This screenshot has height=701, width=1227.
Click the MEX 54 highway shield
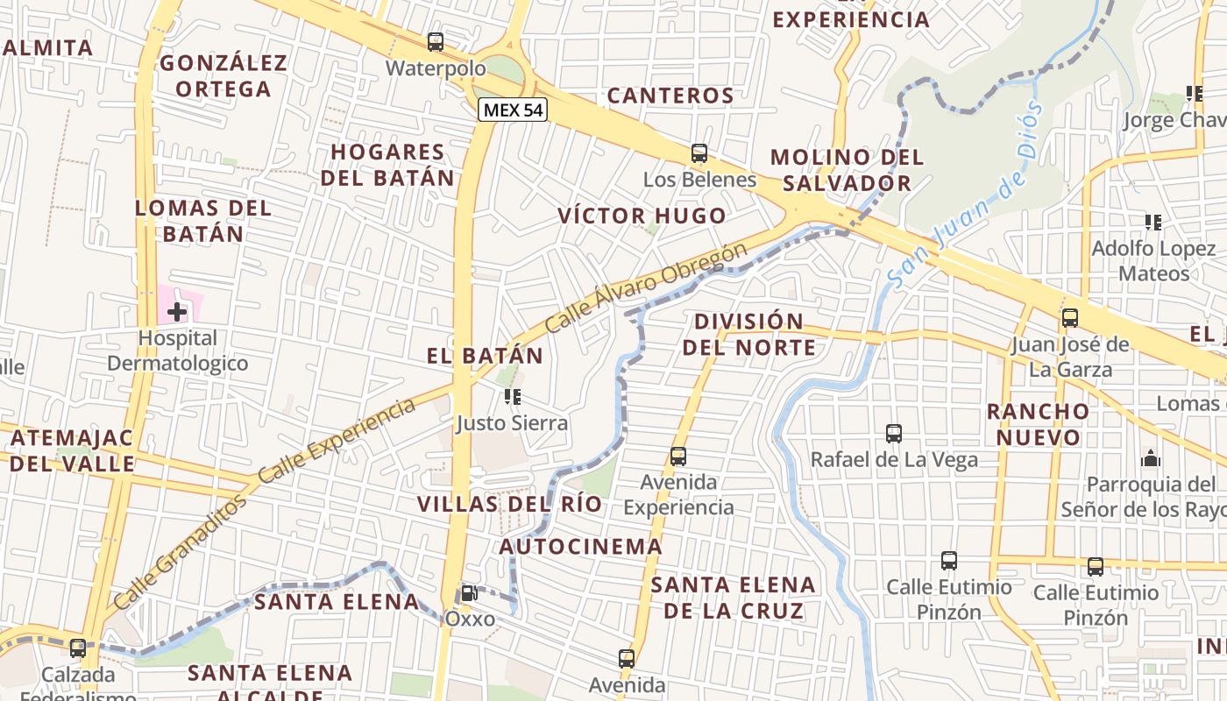[513, 110]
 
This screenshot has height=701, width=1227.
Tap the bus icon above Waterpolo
[436, 42]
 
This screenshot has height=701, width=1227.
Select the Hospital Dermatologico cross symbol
[177, 311]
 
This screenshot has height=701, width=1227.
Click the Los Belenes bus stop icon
[699, 153]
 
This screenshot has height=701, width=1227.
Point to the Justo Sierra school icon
[513, 397]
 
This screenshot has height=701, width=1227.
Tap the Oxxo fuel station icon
[470, 593]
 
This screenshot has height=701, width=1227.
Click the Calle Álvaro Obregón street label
[646, 287]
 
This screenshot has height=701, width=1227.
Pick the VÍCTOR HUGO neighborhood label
[642, 216]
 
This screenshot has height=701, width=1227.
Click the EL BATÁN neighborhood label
[486, 356]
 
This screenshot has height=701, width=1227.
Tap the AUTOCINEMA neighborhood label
[581, 547]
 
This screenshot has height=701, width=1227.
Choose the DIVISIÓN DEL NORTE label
[748, 334]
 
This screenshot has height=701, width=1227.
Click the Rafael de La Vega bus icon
[894, 433]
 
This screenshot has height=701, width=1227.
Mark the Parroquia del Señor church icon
[1151, 458]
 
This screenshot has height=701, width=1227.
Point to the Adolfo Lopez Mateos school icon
[1153, 223]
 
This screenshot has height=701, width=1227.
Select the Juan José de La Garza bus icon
[1070, 318]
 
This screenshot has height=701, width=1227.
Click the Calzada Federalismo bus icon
[78, 648]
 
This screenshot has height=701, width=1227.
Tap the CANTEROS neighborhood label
[670, 96]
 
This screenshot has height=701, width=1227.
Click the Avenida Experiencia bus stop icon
[678, 457]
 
